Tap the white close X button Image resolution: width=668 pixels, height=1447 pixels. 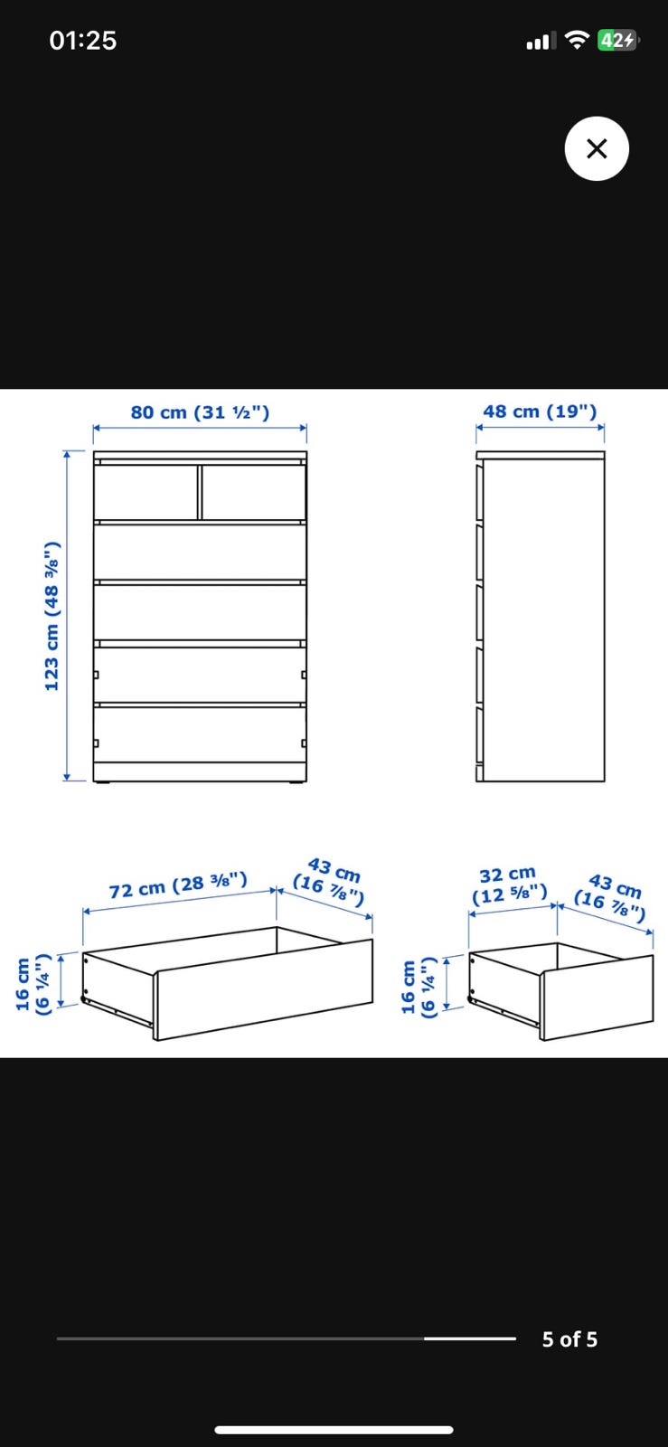coord(597,148)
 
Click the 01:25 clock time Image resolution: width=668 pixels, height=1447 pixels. coord(82,41)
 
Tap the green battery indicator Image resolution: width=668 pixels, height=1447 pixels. coord(617,40)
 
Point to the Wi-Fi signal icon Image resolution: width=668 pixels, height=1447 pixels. coord(577,40)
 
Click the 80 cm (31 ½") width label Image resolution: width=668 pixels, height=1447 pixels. coord(200,412)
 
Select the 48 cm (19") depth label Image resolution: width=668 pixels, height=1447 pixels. coord(540,411)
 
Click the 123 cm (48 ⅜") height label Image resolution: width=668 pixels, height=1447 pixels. coord(52,616)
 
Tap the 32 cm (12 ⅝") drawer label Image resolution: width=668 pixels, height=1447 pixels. coord(509,885)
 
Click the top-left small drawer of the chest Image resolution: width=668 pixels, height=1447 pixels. coord(146,491)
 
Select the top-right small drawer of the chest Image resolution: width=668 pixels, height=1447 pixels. coord(254,491)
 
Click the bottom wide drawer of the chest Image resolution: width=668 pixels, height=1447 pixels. coord(200,734)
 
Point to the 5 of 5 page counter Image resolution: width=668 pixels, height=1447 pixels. coord(569,1339)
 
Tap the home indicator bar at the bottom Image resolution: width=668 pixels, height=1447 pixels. coord(334,1430)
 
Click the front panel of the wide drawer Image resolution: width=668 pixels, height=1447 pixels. coord(263,989)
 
